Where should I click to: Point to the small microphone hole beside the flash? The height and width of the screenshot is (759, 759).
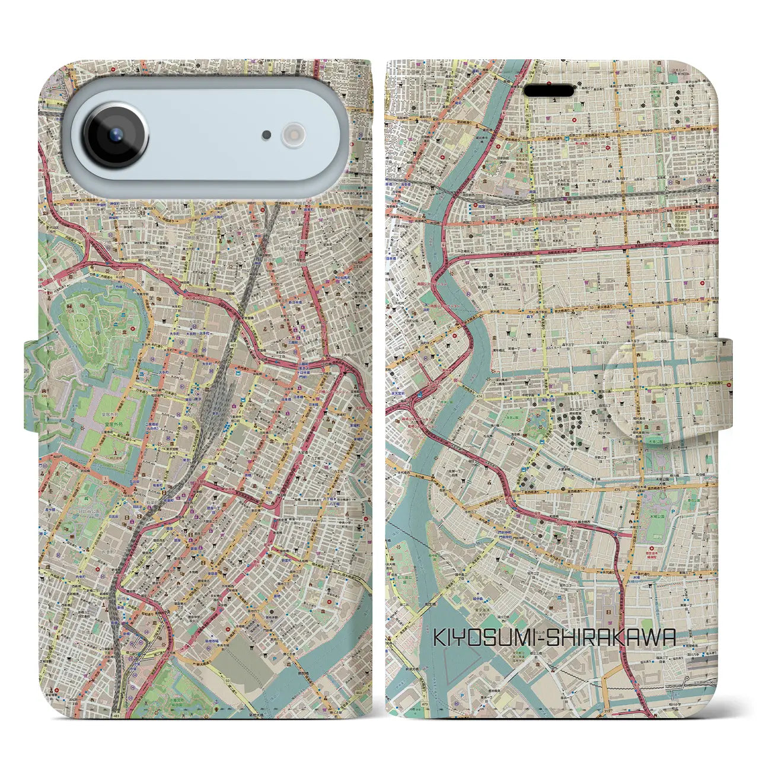[267, 136]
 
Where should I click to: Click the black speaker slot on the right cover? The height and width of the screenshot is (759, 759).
[550, 91]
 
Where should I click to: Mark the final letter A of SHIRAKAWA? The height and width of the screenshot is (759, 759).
[668, 638]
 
